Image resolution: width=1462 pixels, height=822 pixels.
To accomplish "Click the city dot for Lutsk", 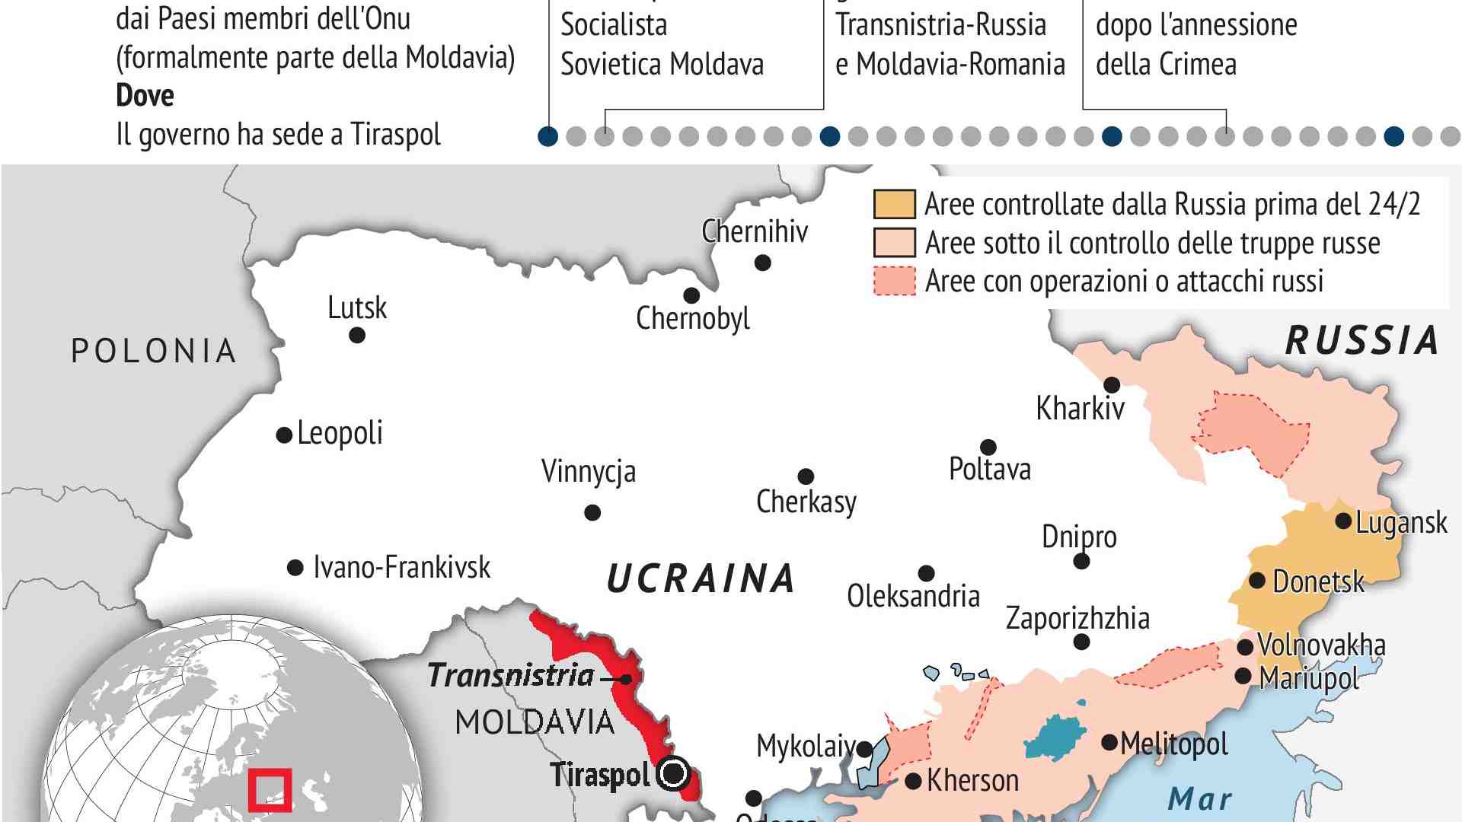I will tap(356, 335).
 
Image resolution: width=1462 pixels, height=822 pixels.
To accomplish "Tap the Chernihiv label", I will tap(754, 231).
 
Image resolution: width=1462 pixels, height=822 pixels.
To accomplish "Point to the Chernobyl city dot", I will tap(691, 295).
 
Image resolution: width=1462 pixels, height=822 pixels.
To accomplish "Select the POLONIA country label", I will tap(154, 351).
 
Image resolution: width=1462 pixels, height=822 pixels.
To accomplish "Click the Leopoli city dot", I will tap(284, 435).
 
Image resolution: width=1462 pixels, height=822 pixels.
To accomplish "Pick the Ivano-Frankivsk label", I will tap(401, 567).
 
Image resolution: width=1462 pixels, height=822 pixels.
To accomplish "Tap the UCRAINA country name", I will tap(701, 578).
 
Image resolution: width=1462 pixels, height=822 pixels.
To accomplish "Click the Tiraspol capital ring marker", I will tap(673, 774).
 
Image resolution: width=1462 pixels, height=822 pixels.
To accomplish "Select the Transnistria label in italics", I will tap(510, 675).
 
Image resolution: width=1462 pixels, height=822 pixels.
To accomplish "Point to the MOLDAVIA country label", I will tap(535, 722).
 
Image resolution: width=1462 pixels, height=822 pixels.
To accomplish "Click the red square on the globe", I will tap(270, 790).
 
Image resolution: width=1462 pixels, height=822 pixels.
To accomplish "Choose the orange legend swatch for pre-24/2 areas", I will tap(894, 205).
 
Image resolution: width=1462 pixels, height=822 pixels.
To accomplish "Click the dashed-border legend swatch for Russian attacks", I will tap(894, 281).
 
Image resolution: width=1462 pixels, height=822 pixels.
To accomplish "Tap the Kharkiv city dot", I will tap(1112, 384).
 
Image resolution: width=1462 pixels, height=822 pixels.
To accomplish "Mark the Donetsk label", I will tap(1318, 581).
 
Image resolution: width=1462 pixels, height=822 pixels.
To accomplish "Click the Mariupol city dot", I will tap(1243, 676).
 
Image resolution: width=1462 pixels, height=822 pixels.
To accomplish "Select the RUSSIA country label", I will tap(1362, 340).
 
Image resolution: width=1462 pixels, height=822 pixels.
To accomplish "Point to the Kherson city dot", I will tap(914, 781).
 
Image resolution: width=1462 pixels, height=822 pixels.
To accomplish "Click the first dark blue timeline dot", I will tap(547, 136).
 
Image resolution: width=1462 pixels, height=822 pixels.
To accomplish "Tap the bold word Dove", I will tap(145, 96).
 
